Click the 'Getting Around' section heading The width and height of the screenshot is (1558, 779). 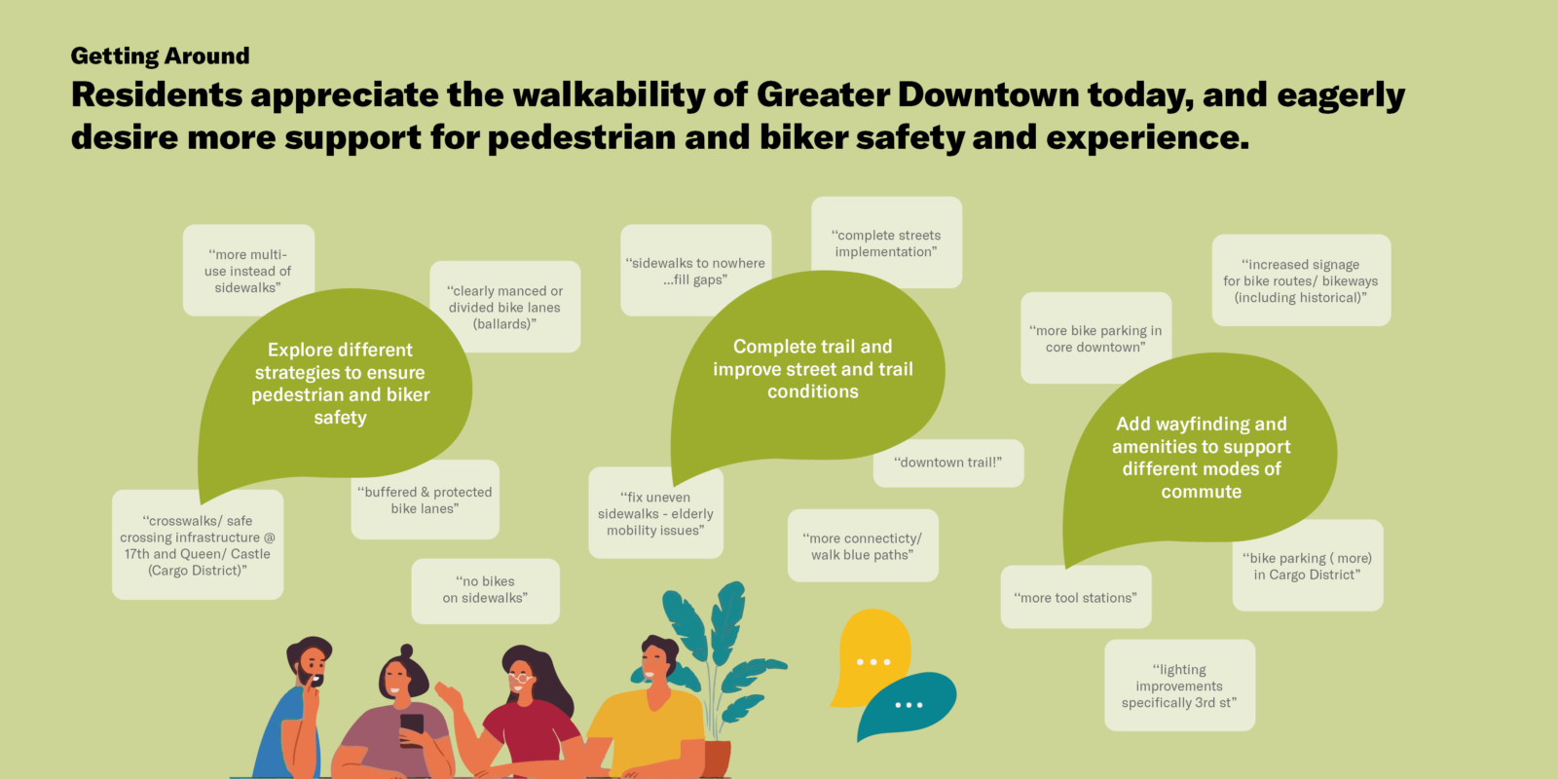click(160, 56)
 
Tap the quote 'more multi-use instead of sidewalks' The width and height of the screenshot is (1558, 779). click(248, 271)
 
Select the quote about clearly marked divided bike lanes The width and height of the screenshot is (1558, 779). click(505, 307)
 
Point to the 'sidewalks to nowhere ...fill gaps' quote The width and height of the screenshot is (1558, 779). click(695, 271)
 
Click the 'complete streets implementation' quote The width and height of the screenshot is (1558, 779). click(886, 242)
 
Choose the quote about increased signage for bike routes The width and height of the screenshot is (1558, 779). click(1301, 280)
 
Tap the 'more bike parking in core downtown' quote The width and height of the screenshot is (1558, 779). click(1096, 338)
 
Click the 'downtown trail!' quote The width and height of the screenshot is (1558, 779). click(948, 463)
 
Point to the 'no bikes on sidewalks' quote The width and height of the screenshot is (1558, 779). click(486, 590)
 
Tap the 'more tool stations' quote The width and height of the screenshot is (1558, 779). click(1076, 598)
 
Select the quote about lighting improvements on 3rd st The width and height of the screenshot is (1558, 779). click(1179, 686)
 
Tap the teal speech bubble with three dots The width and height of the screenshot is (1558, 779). click(908, 704)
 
